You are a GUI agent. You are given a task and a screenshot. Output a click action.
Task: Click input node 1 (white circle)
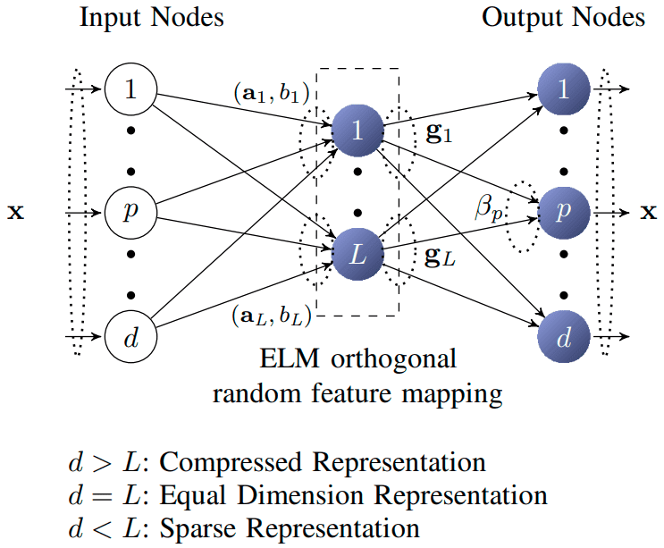130,89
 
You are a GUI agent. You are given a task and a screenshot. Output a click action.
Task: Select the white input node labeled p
130,213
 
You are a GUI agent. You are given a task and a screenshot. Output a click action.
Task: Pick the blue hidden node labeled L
357,256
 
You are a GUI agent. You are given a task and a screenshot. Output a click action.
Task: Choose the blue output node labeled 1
564,89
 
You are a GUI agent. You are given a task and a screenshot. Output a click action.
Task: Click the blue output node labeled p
564,213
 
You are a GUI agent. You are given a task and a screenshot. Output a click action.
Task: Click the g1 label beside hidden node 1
440,137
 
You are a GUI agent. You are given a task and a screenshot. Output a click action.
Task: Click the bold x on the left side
15,215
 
